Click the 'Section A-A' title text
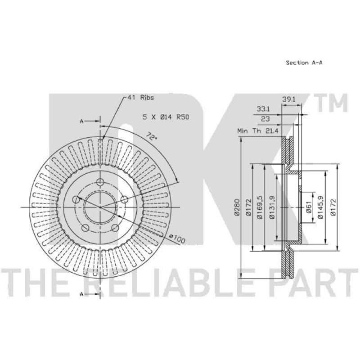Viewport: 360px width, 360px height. tap(304, 63)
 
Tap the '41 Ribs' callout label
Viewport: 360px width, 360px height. tap(140, 98)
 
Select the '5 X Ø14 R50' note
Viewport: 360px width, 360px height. tap(166, 117)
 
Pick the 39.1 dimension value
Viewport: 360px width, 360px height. tap(288, 99)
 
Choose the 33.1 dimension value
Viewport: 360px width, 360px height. tap(263, 109)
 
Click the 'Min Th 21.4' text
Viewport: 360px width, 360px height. tap(258, 131)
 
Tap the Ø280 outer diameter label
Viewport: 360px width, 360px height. tap(237, 207)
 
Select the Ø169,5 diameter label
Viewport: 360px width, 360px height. tap(260, 207)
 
